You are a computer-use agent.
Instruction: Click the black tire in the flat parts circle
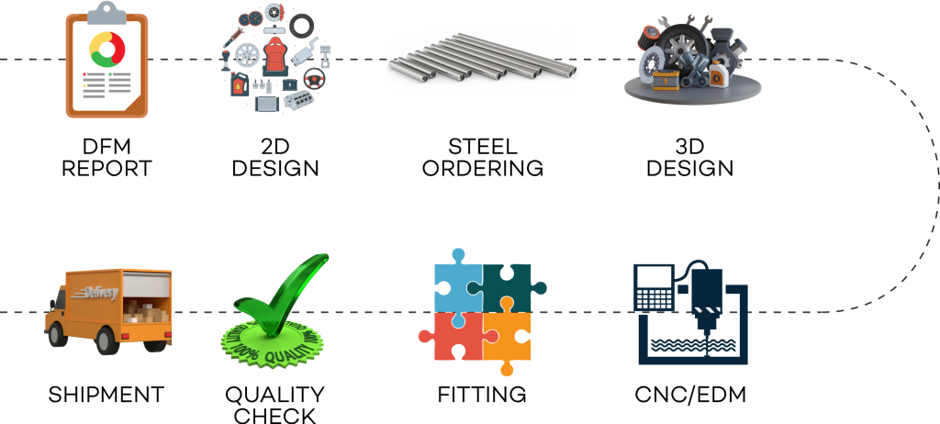tap(302, 26)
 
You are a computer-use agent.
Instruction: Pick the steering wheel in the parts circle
tap(314, 79)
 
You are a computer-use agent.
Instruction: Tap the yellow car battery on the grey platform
tap(665, 80)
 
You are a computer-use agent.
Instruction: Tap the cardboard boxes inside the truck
tap(145, 311)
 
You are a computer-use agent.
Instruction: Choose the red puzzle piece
tap(456, 336)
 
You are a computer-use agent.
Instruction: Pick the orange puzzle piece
tap(507, 336)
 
